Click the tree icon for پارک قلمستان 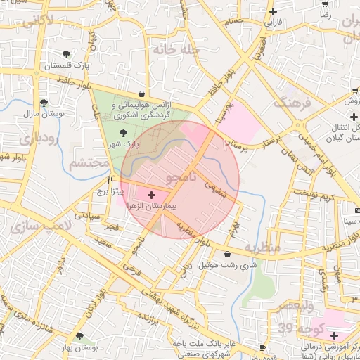pyautogui.click(x=65, y=53)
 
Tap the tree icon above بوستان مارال pyautogui.click(x=44, y=102)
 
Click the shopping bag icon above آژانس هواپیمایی pyautogui.click(x=142, y=94)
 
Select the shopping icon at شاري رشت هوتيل pyautogui.click(x=226, y=254)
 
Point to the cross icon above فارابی pyautogui.click(x=273, y=11)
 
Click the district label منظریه pyautogui.click(x=264, y=247)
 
